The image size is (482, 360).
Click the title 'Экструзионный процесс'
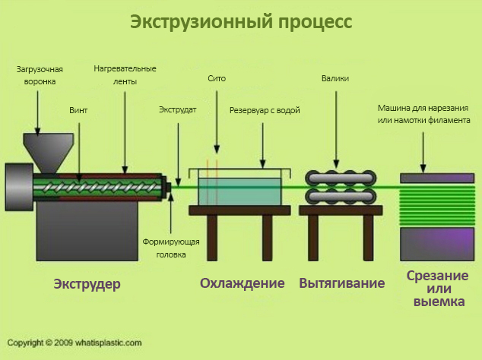coord(241,21)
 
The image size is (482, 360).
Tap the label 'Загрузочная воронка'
coord(40,74)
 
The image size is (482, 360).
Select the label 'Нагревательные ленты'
coord(125,74)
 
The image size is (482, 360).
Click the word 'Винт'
coord(78,110)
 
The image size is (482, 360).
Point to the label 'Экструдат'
coord(177,110)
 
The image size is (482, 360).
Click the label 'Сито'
coord(216,78)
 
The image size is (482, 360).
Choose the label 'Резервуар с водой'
coord(265,110)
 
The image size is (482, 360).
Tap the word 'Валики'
coord(335,78)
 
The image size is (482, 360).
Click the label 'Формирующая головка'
coord(171,248)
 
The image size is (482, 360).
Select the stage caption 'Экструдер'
coord(87,284)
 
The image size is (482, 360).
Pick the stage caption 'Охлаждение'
coord(242,283)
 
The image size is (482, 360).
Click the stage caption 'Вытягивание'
coord(341,283)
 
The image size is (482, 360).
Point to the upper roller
coord(341,177)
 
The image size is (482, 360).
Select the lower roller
coord(341,196)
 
